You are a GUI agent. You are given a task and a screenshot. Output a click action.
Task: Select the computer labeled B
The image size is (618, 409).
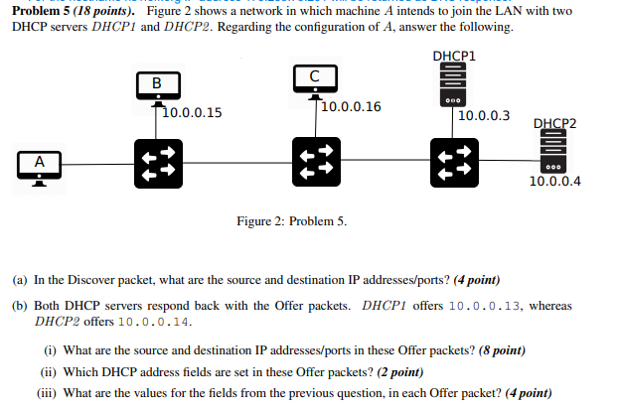coord(156,83)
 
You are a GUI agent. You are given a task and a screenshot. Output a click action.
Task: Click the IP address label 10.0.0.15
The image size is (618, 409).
coord(193,113)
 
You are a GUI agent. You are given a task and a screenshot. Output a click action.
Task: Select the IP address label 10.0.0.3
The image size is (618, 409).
coord(485,116)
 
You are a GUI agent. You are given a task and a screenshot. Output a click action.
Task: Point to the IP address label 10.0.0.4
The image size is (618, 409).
coord(555,182)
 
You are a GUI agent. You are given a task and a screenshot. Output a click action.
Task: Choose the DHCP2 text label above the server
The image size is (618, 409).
coord(554,124)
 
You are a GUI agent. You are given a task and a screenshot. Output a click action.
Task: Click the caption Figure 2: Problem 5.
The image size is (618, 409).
coord(291,220)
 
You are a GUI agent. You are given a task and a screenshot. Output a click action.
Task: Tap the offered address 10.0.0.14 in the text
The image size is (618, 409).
coord(155,322)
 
